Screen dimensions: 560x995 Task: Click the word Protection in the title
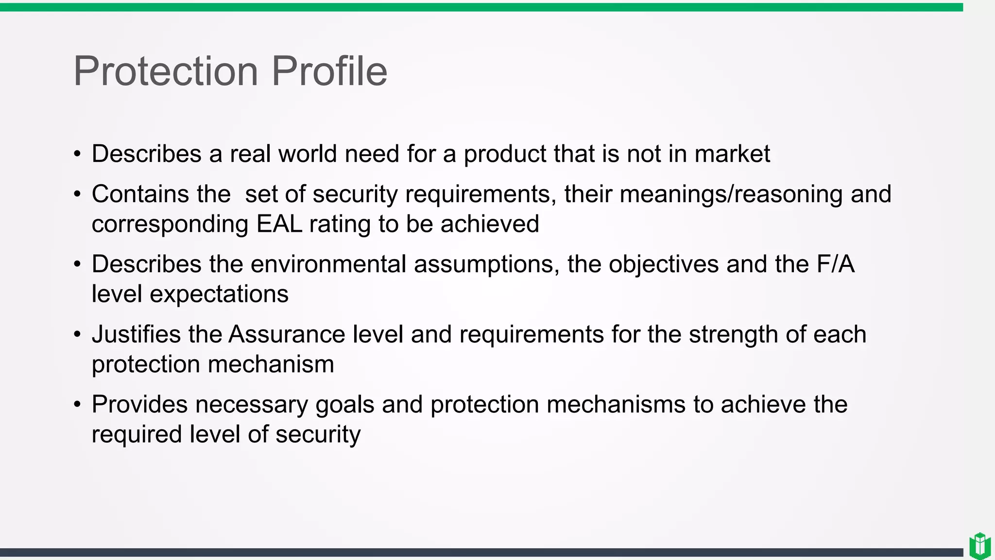pyautogui.click(x=166, y=71)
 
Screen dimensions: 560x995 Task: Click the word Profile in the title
pyautogui.click(x=329, y=71)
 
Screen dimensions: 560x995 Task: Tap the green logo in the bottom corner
pyautogui.click(x=979, y=546)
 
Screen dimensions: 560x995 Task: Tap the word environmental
pyautogui.click(x=328, y=264)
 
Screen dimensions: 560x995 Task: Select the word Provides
pyautogui.click(x=139, y=404)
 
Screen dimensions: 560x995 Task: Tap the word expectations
pyautogui.click(x=219, y=294)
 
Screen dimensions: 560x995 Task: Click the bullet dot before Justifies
pyautogui.click(x=77, y=335)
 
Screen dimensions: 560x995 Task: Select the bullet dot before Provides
pyautogui.click(x=77, y=405)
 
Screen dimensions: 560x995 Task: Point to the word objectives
pyautogui.click(x=664, y=264)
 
